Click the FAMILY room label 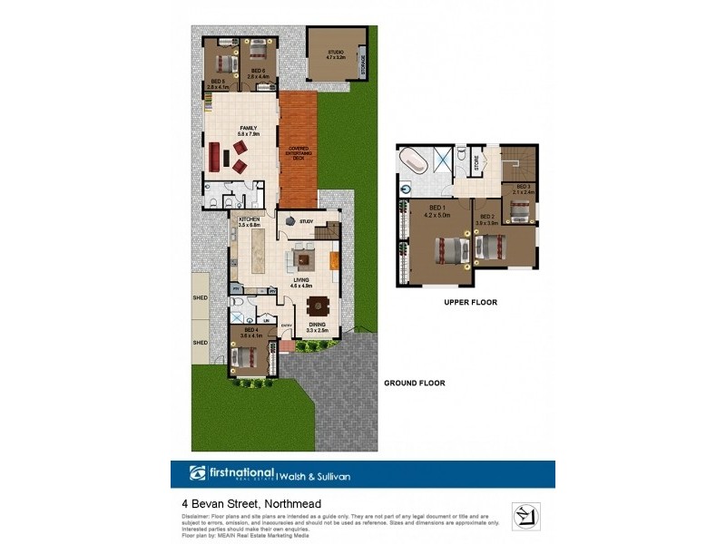248,128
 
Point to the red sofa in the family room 215,156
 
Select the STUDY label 306,220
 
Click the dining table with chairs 317,306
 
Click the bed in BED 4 247,357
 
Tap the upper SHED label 200,297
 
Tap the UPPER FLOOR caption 470,303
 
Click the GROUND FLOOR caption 414,384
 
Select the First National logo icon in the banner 198,473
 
